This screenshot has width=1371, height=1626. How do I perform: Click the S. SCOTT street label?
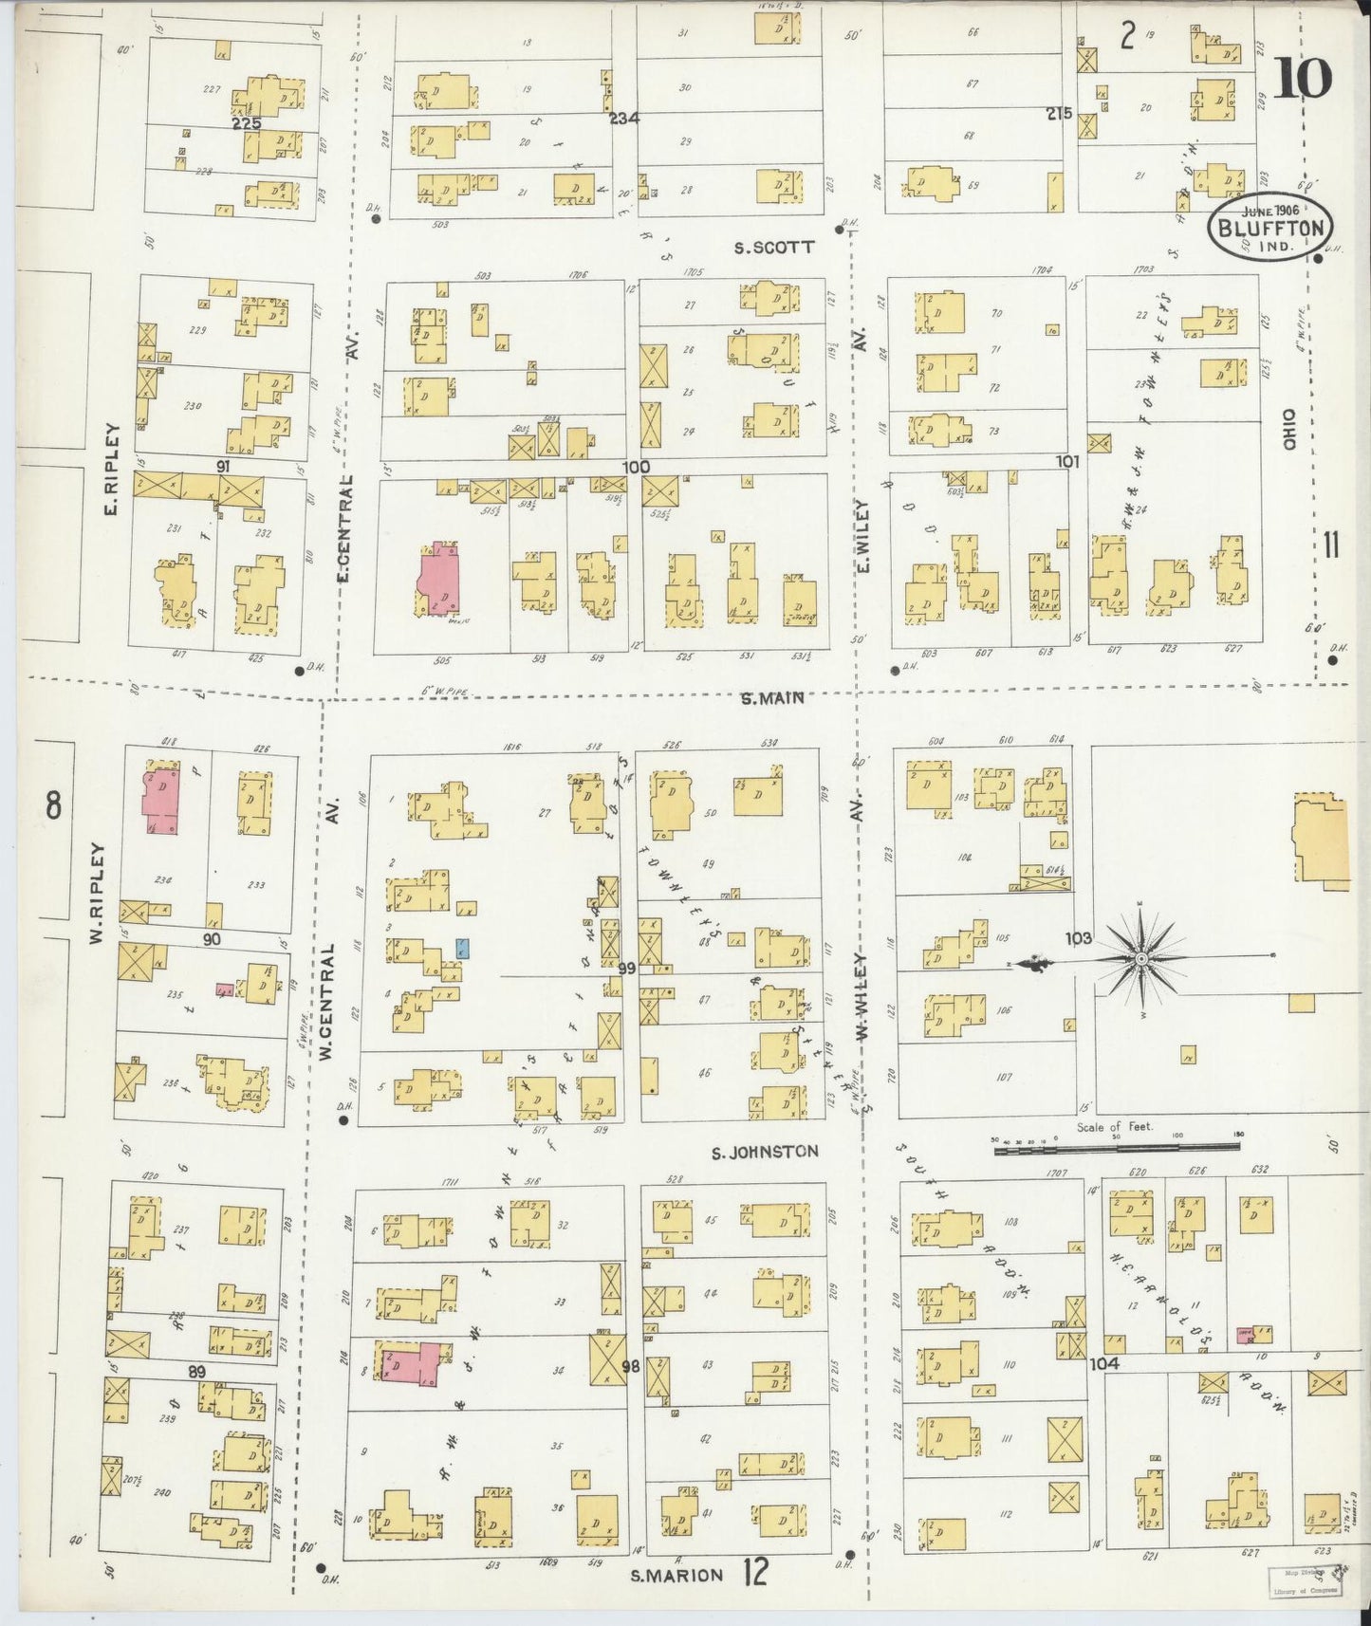tap(774, 248)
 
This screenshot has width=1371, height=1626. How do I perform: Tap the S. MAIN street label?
tap(771, 699)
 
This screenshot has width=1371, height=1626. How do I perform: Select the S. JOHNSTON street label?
tap(765, 1152)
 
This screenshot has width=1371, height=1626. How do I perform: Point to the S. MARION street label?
tap(677, 1575)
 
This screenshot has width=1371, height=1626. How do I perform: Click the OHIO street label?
tap(1288, 429)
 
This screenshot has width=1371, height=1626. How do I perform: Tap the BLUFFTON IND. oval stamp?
tap(1271, 229)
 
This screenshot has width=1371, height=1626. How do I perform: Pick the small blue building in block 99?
tap(462, 947)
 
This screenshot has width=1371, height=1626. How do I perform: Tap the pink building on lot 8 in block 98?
tap(414, 1362)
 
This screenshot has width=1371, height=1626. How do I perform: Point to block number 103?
tap(1078, 938)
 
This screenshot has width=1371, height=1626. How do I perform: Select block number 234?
tap(623, 119)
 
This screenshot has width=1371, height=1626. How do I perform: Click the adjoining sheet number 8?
tap(53, 806)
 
